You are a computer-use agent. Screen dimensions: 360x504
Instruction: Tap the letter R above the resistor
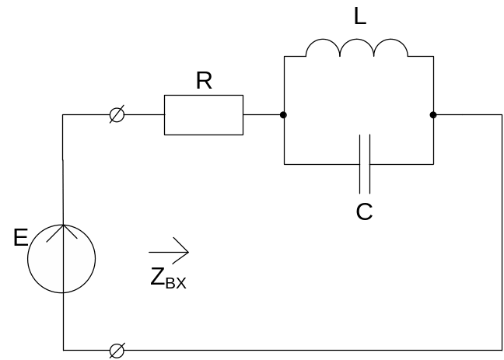[x=204, y=82]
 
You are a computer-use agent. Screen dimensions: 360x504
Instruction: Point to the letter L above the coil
[x=359, y=17]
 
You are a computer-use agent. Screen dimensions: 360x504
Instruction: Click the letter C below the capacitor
[x=364, y=211]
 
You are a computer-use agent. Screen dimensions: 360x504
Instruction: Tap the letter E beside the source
[x=21, y=238]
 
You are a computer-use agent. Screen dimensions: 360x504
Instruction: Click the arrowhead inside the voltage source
[x=62, y=231]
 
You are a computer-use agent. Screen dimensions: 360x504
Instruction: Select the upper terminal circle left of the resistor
[x=117, y=115]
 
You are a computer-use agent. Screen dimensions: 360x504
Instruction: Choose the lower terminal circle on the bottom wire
[x=117, y=350]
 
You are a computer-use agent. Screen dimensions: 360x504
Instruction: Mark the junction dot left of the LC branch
[x=284, y=115]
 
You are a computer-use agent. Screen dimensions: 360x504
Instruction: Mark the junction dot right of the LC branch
[x=432, y=115]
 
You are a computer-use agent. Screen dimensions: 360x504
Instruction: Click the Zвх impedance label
[x=168, y=278]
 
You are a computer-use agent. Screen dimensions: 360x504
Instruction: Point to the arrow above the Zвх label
[x=169, y=252]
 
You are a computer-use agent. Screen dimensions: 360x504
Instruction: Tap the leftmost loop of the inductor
[x=324, y=48]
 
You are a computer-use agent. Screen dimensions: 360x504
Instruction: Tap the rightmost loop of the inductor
[x=392, y=48]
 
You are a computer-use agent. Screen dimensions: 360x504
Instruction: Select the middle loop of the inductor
[x=358, y=48]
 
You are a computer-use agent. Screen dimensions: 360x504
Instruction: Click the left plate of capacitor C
[x=360, y=164]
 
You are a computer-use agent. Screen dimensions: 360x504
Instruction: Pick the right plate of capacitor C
[x=369, y=164]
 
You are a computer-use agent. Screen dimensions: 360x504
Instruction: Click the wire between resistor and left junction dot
[x=264, y=115]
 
